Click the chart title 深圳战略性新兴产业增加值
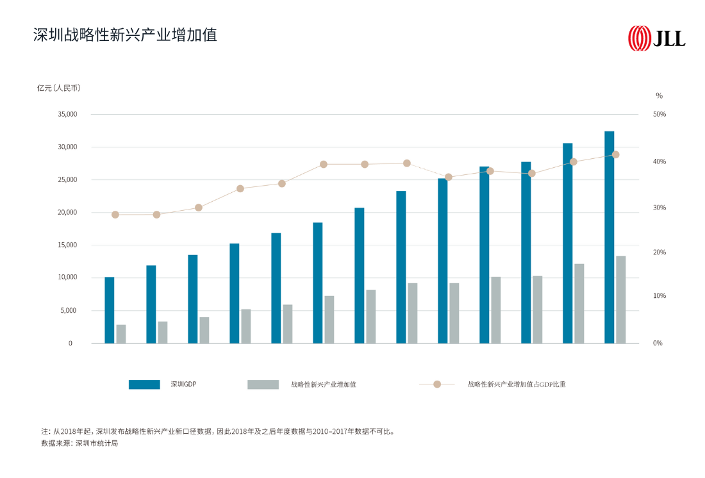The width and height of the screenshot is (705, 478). click(x=125, y=35)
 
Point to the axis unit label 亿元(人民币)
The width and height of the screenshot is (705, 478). click(x=58, y=88)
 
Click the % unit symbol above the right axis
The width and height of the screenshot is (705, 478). click(x=659, y=95)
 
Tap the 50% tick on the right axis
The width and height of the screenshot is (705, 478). click(x=659, y=114)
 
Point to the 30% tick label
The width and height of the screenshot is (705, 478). click(x=659, y=208)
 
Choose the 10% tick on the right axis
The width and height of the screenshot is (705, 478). click(x=659, y=296)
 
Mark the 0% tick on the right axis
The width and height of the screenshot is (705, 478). click(x=658, y=343)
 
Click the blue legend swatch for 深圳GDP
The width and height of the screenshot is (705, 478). click(x=144, y=384)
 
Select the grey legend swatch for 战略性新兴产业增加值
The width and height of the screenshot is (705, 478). click(x=263, y=384)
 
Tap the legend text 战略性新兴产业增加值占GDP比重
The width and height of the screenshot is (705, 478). click(x=517, y=384)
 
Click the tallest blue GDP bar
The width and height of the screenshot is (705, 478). click(x=609, y=237)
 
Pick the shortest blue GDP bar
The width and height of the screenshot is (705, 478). click(x=110, y=310)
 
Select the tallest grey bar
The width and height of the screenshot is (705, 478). click(x=620, y=300)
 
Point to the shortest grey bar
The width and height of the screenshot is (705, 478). click(x=121, y=334)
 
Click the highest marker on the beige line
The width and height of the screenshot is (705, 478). click(x=615, y=154)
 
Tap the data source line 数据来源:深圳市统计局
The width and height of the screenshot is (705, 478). click(x=79, y=443)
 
